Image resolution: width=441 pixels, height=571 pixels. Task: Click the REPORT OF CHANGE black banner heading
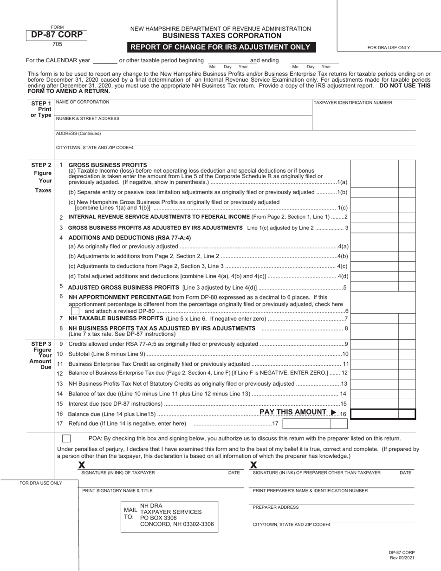coord(220,47)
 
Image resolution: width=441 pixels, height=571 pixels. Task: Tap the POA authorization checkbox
coord(66,438)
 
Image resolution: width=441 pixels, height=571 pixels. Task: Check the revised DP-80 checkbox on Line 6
coord(75,311)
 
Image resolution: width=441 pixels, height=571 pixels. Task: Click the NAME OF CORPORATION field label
coord(83,102)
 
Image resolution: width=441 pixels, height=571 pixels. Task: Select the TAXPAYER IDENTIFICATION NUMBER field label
coord(353,103)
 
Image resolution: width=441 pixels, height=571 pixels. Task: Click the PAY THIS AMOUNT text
coord(293,412)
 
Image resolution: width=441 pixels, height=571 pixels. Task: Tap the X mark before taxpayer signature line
coord(82,465)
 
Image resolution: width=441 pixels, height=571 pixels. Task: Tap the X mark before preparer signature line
coord(254,465)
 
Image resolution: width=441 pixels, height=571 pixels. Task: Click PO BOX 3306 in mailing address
coord(158,518)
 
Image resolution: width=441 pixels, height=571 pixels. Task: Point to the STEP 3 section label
coord(41,344)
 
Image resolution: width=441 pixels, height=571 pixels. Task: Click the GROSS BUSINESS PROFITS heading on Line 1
coord(108,165)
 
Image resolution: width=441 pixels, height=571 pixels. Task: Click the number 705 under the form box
coord(57,45)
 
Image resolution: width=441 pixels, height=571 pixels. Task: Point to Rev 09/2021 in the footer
coord(402,558)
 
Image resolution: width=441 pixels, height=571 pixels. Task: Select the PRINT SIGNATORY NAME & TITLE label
coord(117,491)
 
